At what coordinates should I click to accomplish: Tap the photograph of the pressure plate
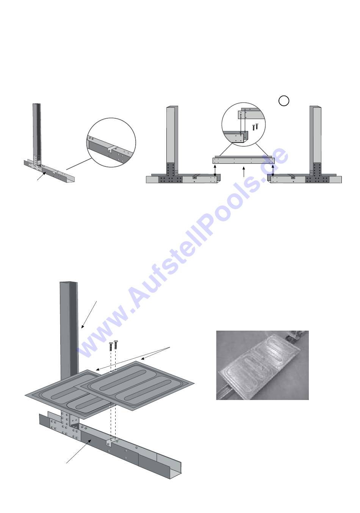point(262,365)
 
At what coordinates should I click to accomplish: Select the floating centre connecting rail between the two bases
point(243,161)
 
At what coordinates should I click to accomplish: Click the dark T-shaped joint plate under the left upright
point(171,174)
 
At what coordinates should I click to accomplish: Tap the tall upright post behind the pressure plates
point(69,326)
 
